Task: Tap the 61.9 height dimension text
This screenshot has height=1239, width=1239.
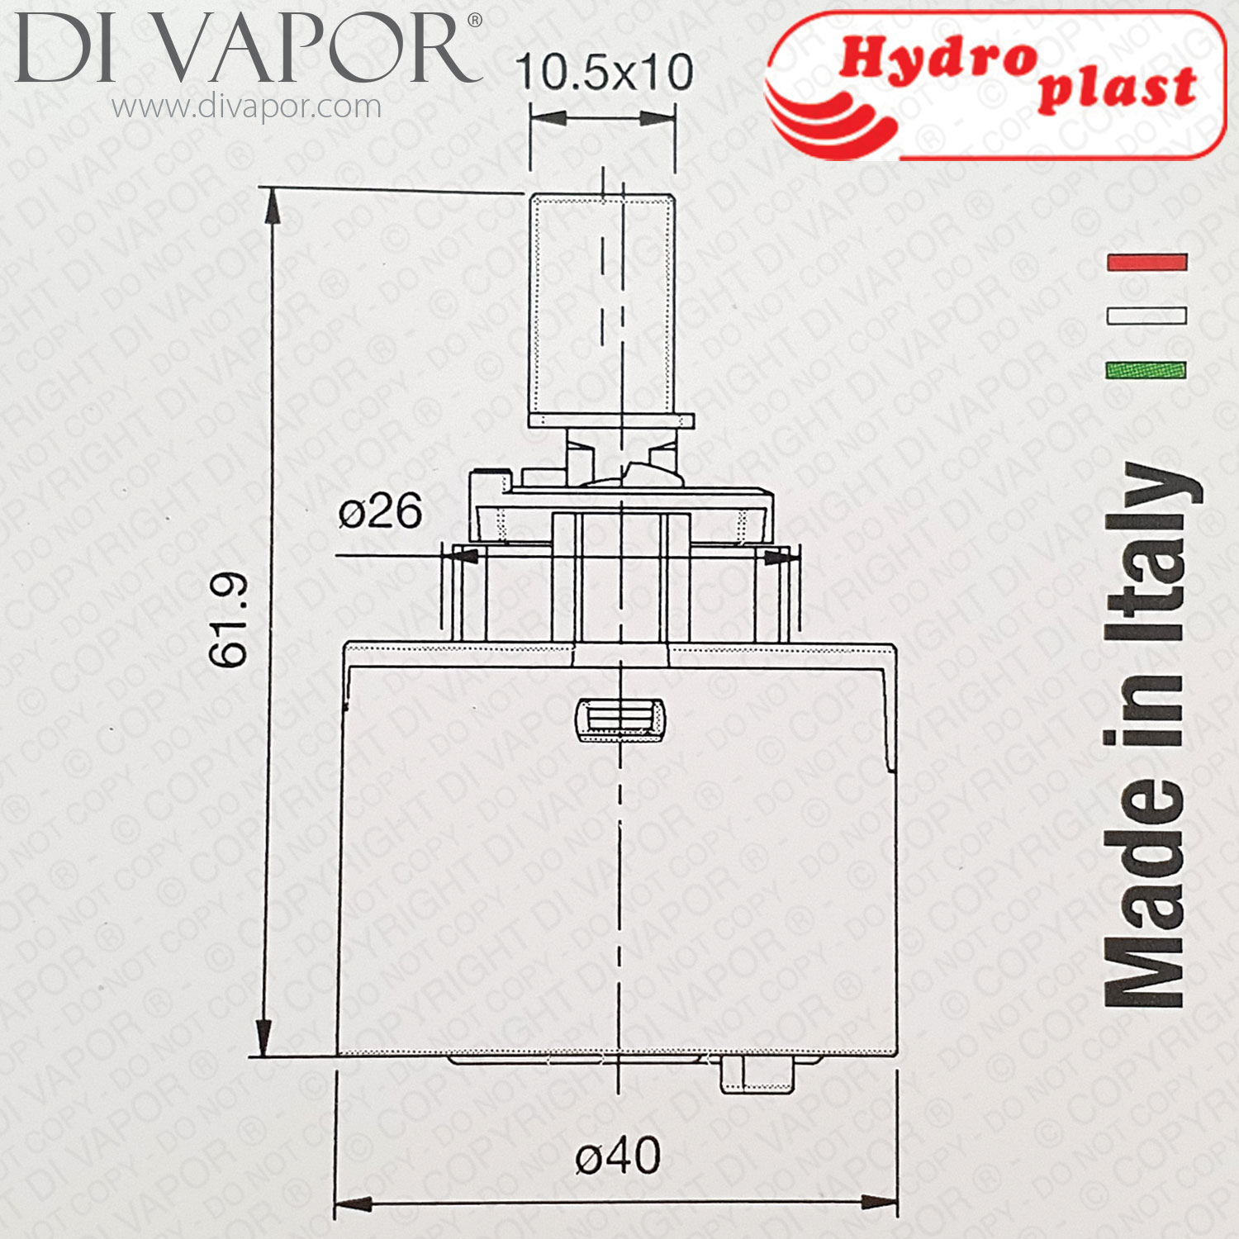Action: click(229, 619)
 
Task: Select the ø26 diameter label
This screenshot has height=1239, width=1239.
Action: click(380, 511)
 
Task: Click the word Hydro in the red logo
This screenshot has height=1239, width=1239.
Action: click(938, 59)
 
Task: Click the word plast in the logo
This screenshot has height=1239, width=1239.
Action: click(1117, 88)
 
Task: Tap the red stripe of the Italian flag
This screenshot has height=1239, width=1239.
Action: click(1146, 263)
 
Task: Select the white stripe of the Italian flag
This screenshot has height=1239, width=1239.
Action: click(1146, 315)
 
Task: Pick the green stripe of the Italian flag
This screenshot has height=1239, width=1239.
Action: click(1146, 369)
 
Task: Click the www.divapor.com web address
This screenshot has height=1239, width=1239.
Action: click(246, 107)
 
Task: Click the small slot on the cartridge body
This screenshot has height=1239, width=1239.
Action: click(619, 717)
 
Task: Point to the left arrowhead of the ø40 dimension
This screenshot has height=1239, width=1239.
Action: click(351, 1203)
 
